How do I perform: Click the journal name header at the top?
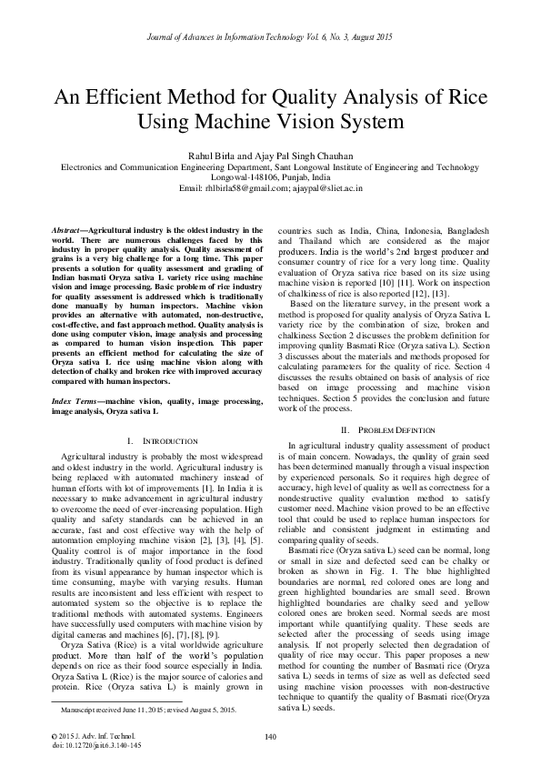[269, 37]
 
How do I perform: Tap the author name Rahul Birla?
[211, 156]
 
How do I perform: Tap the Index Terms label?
[73, 401]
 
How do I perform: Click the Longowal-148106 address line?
[269, 177]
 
